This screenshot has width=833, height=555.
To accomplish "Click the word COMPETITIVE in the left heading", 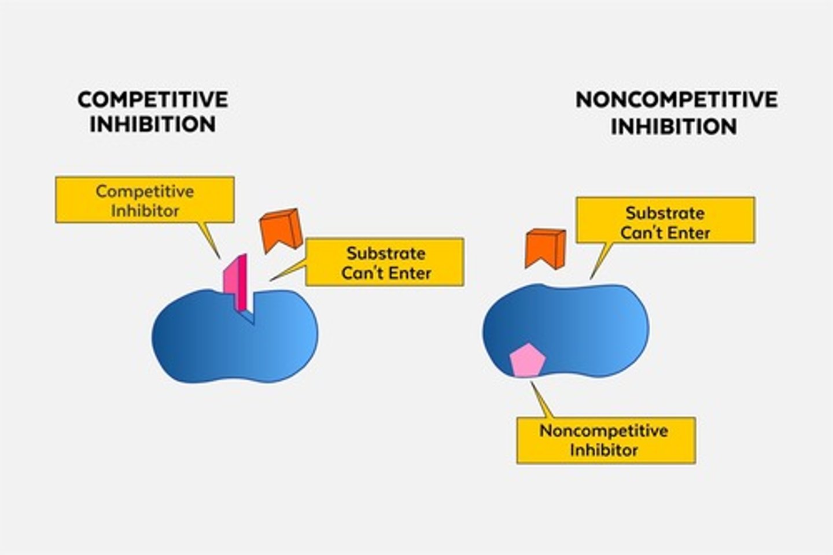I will [153, 100].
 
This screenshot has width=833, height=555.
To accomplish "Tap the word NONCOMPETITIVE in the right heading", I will [676, 100].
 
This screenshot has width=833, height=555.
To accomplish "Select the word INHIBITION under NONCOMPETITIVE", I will [674, 127].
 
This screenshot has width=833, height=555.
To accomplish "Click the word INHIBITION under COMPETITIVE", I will [153, 124].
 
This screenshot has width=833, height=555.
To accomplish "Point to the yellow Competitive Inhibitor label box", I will [145, 200].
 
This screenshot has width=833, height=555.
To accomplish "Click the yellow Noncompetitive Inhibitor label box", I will [606, 440].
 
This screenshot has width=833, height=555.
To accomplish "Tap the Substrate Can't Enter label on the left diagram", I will [385, 262].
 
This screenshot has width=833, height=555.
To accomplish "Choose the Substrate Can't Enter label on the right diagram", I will [665, 220].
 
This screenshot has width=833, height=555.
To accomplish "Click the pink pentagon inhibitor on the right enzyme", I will [528, 361].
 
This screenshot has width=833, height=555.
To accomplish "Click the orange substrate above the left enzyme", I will [281, 229].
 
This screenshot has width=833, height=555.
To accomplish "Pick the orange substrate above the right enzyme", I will [544, 248].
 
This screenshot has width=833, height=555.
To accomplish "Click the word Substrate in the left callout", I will [386, 253].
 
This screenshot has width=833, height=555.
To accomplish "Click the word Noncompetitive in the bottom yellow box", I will [603, 431].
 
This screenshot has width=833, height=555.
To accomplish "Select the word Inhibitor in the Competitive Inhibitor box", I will [145, 211].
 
